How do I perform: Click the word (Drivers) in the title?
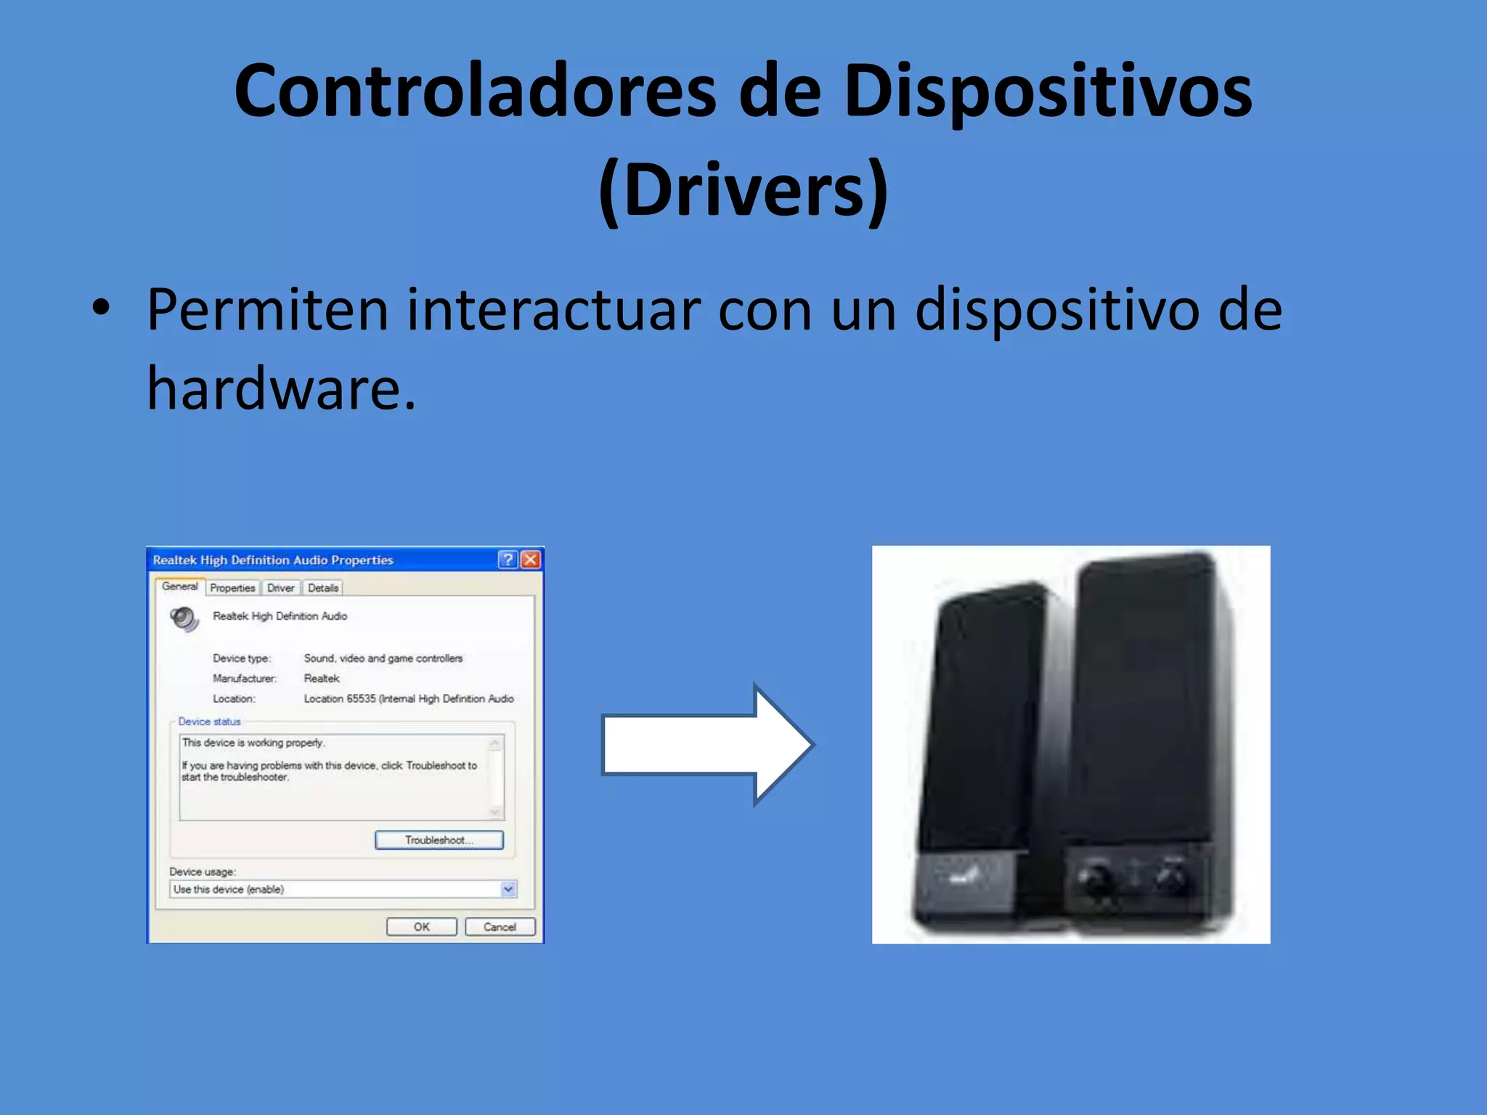743,190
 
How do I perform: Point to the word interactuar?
553,311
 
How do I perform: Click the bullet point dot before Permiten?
102,308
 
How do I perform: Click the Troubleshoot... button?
439,840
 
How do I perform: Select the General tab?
179,587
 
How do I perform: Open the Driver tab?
280,588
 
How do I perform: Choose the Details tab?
323,588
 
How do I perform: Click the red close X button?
531,560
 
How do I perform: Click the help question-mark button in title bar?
508,560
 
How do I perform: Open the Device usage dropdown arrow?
508,889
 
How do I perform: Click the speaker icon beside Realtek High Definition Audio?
184,618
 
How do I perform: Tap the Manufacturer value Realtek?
322,679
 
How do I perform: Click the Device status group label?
209,722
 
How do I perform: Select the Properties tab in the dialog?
232,588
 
